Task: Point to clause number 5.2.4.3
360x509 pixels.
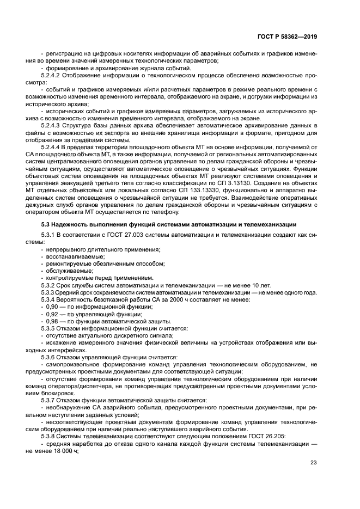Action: click(x=52, y=125)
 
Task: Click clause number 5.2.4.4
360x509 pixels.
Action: click(x=52, y=147)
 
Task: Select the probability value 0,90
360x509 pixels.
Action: click(x=53, y=306)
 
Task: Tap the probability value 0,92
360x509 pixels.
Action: click(x=53, y=314)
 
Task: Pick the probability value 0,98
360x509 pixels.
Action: click(x=53, y=321)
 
